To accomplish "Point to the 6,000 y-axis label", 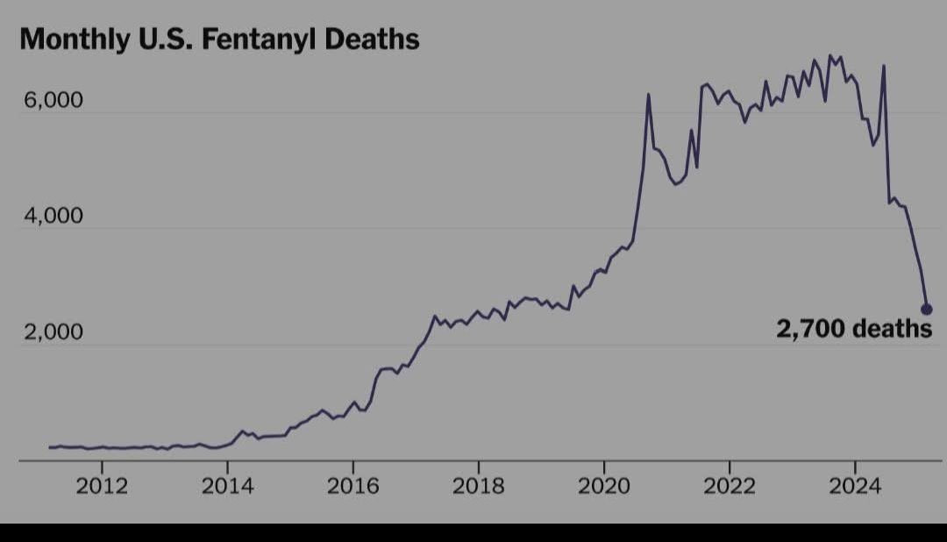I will click(x=53, y=101).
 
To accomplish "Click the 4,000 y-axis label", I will click(x=53, y=217).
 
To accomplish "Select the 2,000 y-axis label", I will click(x=53, y=333).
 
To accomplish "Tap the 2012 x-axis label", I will click(x=102, y=487).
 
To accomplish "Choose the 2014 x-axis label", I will click(x=227, y=487).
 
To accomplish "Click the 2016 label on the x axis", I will click(x=352, y=487).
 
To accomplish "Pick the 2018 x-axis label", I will click(x=478, y=487).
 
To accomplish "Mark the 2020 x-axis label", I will click(x=604, y=487).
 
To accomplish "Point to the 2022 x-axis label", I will click(x=730, y=487).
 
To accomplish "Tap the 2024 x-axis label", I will click(x=855, y=487).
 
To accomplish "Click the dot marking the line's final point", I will click(x=927, y=309).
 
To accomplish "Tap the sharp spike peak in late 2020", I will click(x=648, y=95).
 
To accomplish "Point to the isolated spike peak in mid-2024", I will click(x=884, y=66).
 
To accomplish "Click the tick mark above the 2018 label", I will click(x=478, y=466).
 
